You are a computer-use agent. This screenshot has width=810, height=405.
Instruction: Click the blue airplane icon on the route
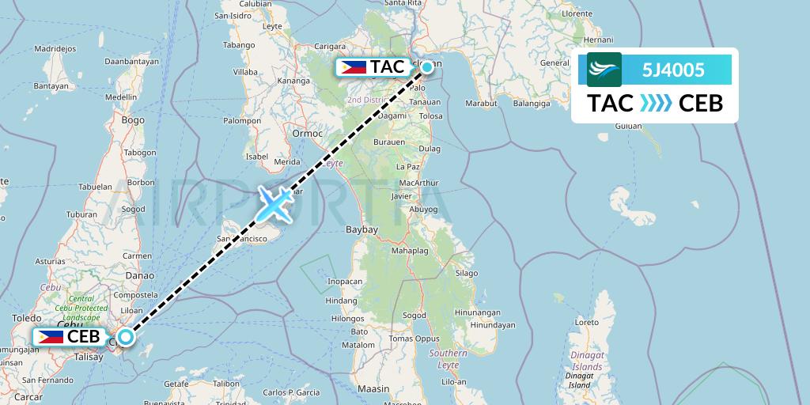pyautogui.click(x=274, y=205)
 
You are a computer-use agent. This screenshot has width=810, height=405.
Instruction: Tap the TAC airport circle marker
pyautogui.click(x=427, y=67)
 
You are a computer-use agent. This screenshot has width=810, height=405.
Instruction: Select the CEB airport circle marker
pyautogui.click(x=126, y=336)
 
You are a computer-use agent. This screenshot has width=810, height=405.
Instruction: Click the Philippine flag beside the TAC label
pyautogui.click(x=354, y=67)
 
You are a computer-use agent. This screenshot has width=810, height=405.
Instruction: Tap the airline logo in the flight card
pyautogui.click(x=604, y=70)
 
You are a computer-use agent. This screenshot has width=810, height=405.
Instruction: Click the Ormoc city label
pyautogui.click(x=308, y=133)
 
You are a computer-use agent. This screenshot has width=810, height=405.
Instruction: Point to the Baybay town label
pyautogui.click(x=363, y=229)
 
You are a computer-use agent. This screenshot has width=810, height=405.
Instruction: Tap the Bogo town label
pyautogui.click(x=133, y=119)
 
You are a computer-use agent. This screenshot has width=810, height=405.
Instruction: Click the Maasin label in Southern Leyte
pyautogui.click(x=373, y=388)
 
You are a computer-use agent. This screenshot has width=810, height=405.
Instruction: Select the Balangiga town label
pyautogui.click(x=532, y=103)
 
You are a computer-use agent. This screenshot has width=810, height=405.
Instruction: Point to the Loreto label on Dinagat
pyautogui.click(x=586, y=322)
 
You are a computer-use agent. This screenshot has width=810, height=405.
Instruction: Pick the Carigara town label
pyautogui.click(x=331, y=47)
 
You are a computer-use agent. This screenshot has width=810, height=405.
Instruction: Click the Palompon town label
pyautogui.click(x=242, y=121)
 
